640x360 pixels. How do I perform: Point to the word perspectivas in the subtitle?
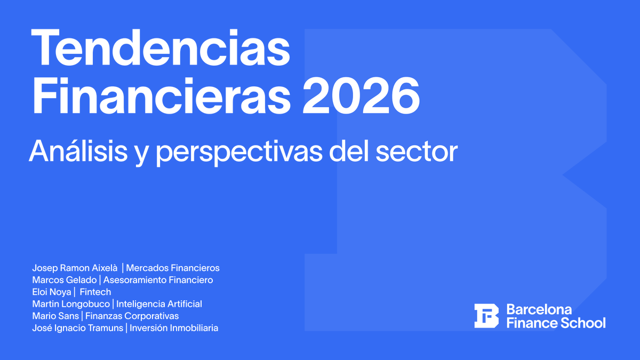(239, 152)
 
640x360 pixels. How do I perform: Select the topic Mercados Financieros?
(173, 268)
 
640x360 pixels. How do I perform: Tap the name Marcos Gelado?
(64, 280)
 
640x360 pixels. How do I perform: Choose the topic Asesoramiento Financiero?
(158, 280)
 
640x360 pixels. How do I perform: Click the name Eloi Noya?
(51, 292)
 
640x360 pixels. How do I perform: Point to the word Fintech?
(95, 292)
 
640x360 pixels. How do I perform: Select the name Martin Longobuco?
(71, 304)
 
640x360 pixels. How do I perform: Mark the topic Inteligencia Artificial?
(159, 304)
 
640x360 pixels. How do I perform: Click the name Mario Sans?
(55, 316)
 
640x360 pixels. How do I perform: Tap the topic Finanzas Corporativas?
(132, 316)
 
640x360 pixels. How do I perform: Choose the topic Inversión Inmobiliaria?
(174, 328)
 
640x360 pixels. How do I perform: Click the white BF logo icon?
(486, 316)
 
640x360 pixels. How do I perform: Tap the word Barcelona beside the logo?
(539, 309)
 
